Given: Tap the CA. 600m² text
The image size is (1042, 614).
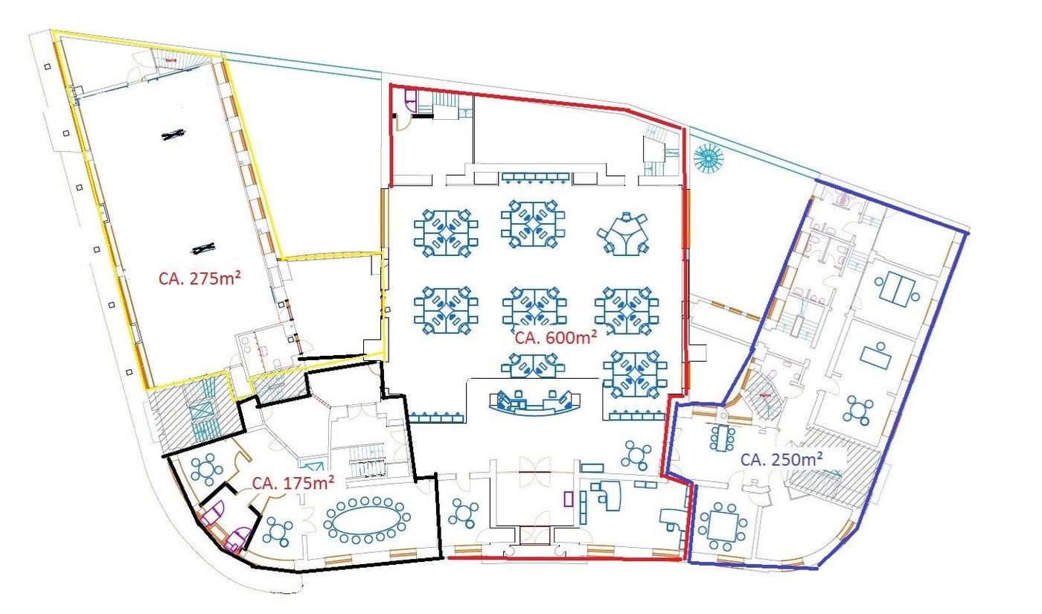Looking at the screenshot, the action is point(556,337).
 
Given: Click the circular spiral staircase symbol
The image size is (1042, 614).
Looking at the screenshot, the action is point(709,159).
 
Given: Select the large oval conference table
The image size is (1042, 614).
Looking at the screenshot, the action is point(367,520).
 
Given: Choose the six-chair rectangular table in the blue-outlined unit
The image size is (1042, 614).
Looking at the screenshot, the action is point(723,438).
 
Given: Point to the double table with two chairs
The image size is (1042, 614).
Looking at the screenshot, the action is point(898,289).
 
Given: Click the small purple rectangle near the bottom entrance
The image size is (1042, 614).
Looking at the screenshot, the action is point(568,499).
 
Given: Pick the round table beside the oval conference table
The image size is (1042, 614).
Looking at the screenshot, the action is point(278,532).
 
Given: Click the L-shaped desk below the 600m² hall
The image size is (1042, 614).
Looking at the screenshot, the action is point(607,496).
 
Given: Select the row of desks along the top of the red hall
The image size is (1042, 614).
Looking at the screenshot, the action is point(535,178).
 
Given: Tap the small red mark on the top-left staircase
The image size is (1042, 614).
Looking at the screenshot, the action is point(172,60).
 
